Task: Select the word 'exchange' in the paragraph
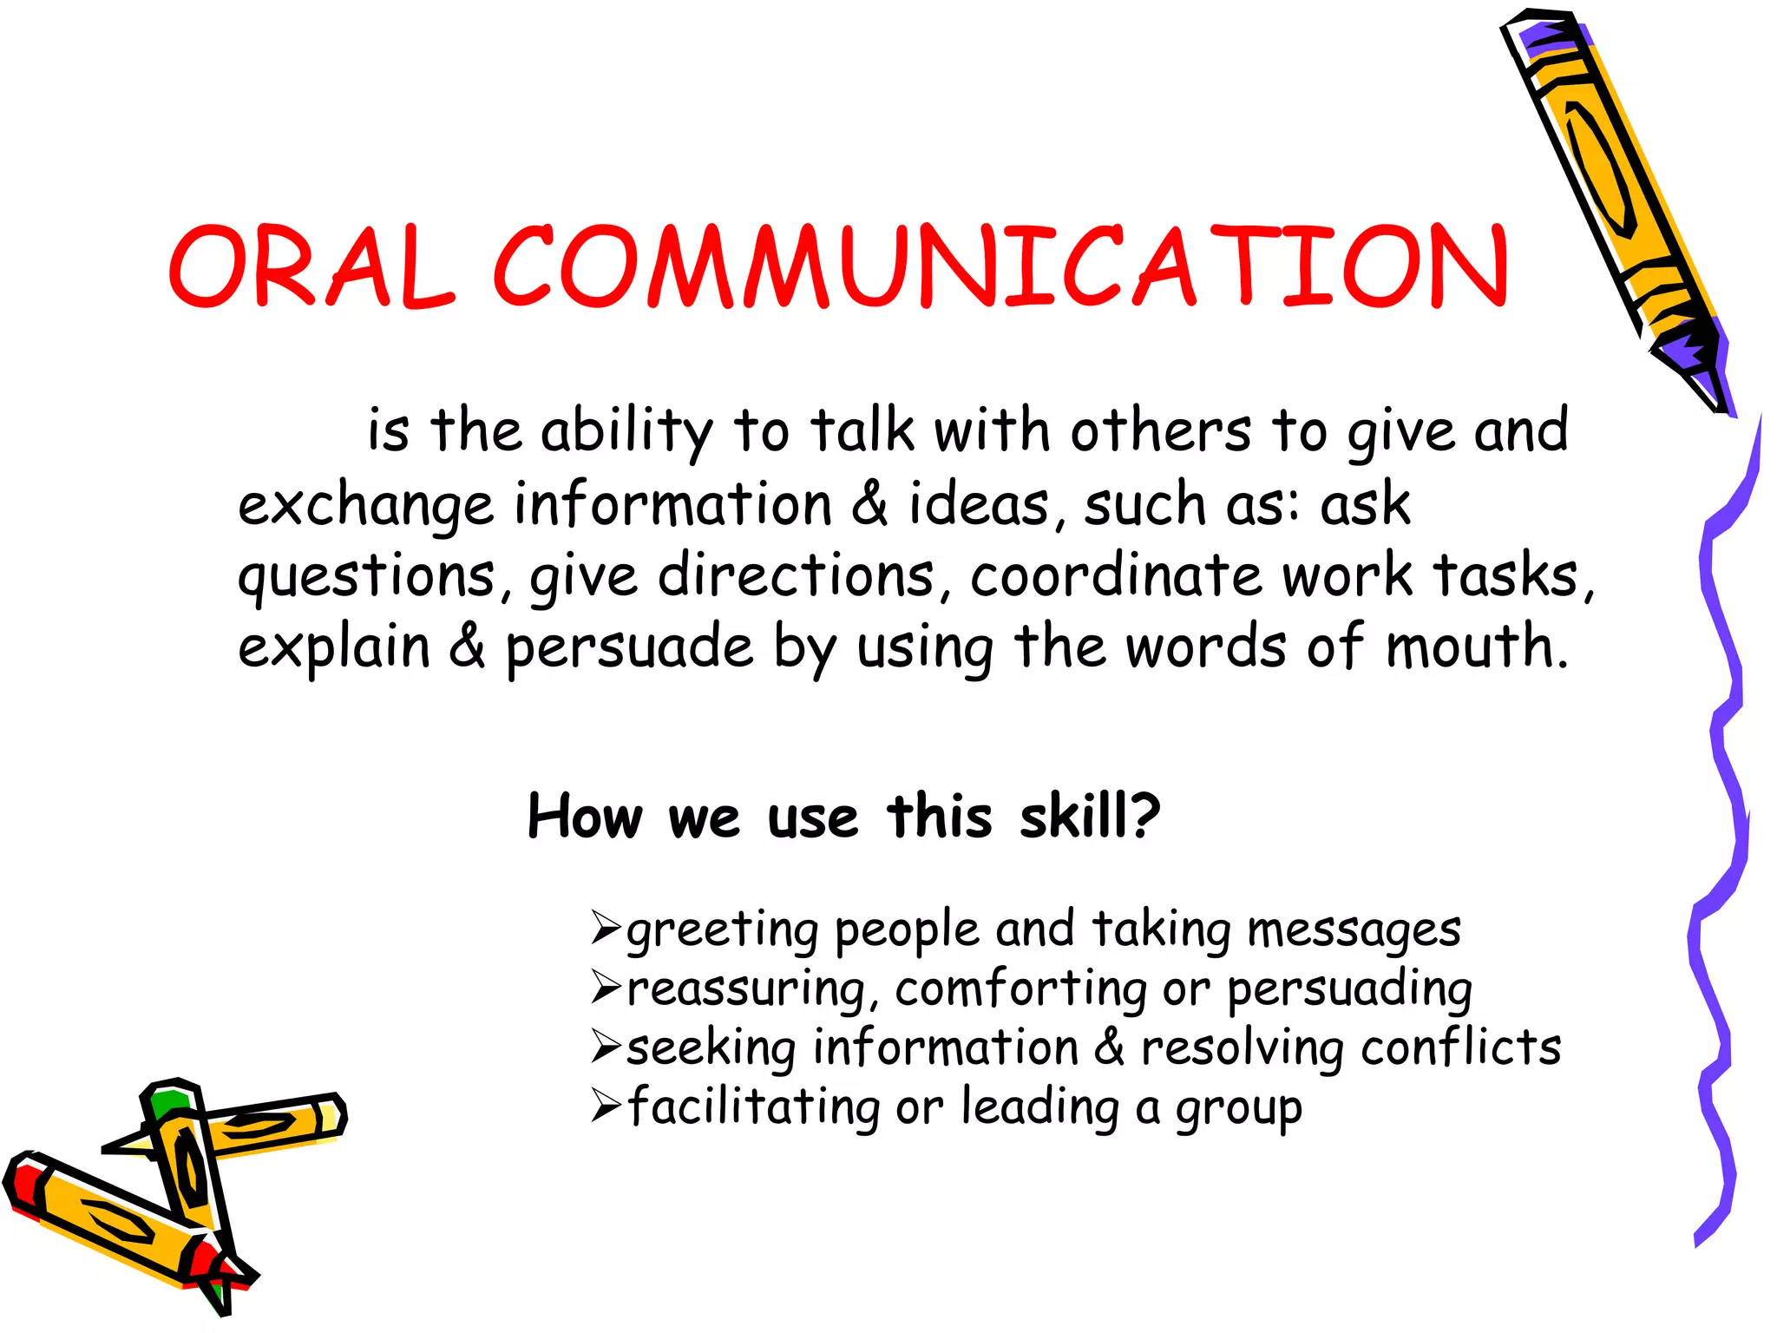(x=365, y=505)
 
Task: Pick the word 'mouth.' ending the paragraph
(x=1477, y=647)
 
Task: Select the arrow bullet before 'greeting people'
(x=605, y=929)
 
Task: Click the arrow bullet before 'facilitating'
(x=605, y=1106)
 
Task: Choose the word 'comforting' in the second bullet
(x=1020, y=989)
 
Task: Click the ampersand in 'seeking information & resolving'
(x=1109, y=1047)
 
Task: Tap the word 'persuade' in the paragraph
(x=630, y=648)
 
